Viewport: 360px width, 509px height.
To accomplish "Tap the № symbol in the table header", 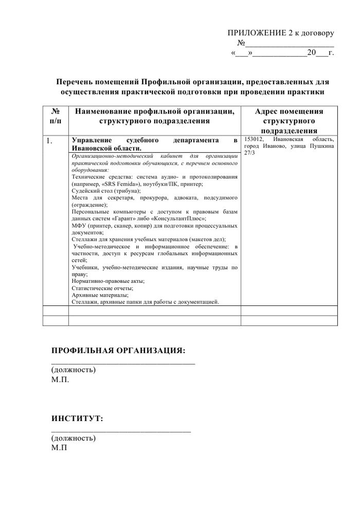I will (x=55, y=112).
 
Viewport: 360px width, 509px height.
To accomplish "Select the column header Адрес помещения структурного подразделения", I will (x=289, y=121).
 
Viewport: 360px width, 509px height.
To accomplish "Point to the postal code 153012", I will (x=254, y=139).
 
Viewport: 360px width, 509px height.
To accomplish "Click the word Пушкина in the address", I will (x=322, y=147).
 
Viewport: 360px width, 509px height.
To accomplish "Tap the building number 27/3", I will (x=249, y=153).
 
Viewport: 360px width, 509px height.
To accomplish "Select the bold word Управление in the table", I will (x=92, y=140).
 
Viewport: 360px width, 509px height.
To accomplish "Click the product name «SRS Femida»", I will (x=118, y=184).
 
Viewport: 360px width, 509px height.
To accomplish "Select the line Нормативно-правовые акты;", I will (x=108, y=281).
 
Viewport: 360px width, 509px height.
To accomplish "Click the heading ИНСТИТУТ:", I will (x=77, y=419).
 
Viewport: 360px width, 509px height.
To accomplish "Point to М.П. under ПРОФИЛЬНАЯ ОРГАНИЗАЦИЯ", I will (x=60, y=380).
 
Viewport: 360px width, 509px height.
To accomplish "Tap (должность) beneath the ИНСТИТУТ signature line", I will (x=74, y=438).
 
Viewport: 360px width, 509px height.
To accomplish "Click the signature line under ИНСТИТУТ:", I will (x=121, y=430).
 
